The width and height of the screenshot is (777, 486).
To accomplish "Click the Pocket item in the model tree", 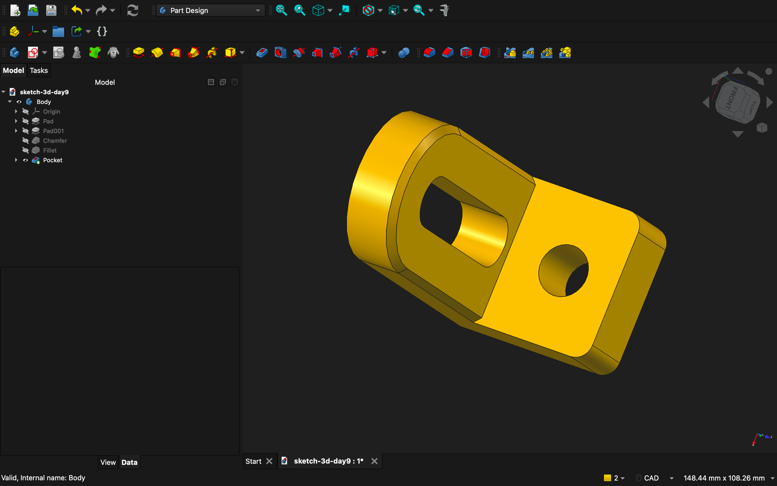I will click(52, 160).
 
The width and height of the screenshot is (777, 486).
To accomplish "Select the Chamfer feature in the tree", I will click(55, 141).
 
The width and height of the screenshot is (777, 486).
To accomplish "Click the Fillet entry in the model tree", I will click(50, 150).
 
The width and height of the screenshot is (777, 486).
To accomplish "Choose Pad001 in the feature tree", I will click(53, 131).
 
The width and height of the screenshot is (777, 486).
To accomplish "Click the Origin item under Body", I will click(51, 112).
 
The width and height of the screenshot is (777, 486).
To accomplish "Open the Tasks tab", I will click(39, 70).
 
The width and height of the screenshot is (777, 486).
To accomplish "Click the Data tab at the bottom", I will click(129, 462).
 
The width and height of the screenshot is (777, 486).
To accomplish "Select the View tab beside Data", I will click(108, 462).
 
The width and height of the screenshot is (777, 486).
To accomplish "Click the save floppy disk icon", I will click(51, 10).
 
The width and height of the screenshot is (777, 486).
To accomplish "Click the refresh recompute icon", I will click(132, 10).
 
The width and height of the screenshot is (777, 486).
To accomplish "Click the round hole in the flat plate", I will click(564, 271).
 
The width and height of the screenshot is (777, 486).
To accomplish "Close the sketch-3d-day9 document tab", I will click(375, 461).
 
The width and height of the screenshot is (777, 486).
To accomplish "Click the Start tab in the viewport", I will click(253, 461).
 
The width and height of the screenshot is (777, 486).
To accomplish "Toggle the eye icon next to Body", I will click(19, 102).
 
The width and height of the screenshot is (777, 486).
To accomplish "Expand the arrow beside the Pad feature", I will click(16, 121).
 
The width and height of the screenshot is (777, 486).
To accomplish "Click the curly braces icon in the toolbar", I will click(102, 31).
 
